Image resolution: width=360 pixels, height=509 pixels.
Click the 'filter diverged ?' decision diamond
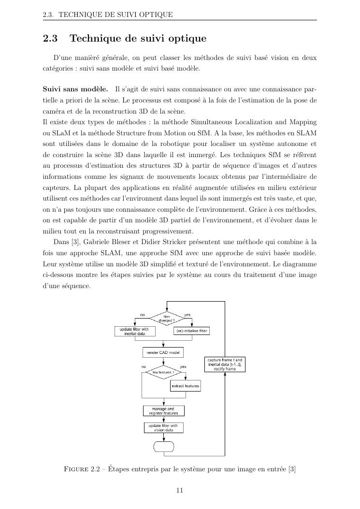coord(166,318)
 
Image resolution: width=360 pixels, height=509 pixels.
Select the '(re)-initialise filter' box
coord(191,331)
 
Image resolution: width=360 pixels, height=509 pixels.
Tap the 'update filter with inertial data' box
coord(134,331)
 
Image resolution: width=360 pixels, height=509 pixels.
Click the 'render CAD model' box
coord(163,352)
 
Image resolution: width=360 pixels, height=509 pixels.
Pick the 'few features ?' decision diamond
coord(163,372)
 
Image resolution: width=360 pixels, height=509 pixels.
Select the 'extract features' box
coord(185,386)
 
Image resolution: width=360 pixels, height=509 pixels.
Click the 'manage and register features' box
coord(164,411)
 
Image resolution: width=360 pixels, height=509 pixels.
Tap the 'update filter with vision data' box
coord(163,427)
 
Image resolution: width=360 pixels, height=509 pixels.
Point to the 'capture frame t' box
coord(225,364)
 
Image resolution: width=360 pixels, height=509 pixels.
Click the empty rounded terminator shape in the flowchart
coord(163,446)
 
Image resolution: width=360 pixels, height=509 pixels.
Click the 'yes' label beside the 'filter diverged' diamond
coord(187,315)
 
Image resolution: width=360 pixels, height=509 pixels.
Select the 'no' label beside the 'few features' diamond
coord(144,367)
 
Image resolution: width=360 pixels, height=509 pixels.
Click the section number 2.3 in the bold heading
coord(50,38)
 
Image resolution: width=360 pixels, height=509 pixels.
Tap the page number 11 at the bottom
coord(180,490)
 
